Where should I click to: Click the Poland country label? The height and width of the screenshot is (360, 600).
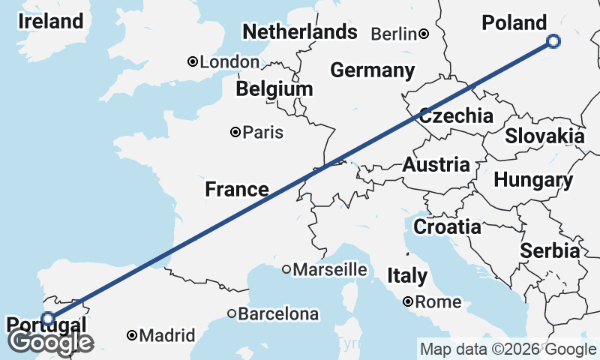(x=514, y=22)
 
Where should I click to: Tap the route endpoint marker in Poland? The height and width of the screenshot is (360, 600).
(x=553, y=41)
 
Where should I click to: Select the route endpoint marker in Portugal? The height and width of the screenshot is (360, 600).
(x=48, y=319)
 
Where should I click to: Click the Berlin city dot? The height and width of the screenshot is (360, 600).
(x=424, y=33)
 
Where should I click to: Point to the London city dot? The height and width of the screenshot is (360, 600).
(x=193, y=61)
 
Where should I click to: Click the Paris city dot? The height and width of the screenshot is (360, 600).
(x=235, y=132)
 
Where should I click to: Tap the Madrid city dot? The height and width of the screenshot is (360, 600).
(x=132, y=335)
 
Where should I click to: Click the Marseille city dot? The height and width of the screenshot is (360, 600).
(x=286, y=269)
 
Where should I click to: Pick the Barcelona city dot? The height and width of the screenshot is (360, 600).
(x=232, y=313)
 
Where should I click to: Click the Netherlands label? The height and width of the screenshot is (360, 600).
(x=300, y=31)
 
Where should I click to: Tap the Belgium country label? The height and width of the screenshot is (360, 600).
(x=274, y=89)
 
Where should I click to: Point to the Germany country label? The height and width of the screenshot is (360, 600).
(x=372, y=70)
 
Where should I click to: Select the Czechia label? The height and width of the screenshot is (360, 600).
(x=456, y=115)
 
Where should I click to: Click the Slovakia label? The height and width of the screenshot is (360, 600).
(x=544, y=136)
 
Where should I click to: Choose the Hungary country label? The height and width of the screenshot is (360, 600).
(x=533, y=180)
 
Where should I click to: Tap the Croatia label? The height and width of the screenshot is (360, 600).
(x=448, y=226)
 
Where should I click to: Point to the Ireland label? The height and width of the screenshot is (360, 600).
(x=51, y=21)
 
